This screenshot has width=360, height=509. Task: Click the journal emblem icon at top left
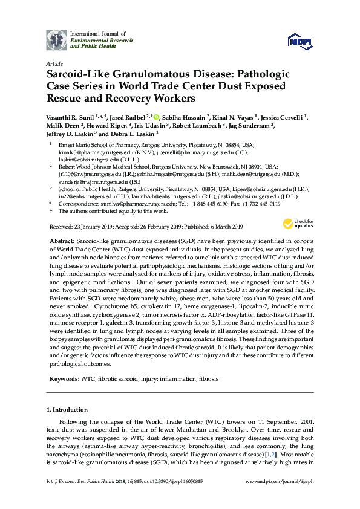57,40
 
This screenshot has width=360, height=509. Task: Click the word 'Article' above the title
54,63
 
